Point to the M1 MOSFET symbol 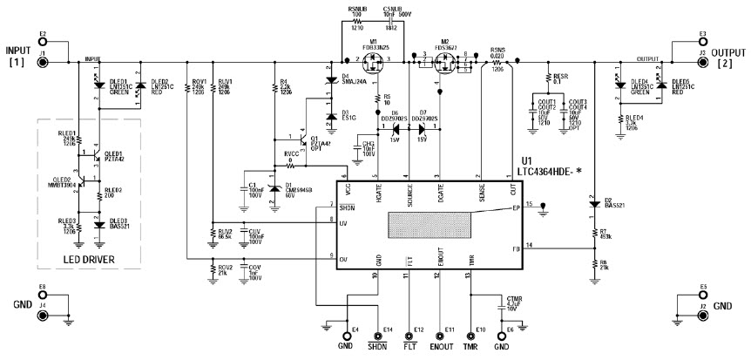pyautogui.click(x=375, y=64)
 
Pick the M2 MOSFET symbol pyautogui.click(x=443, y=64)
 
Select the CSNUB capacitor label pyautogui.click(x=391, y=15)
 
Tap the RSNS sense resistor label pyautogui.click(x=497, y=51)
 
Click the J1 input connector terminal pyautogui.click(x=42, y=63)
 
